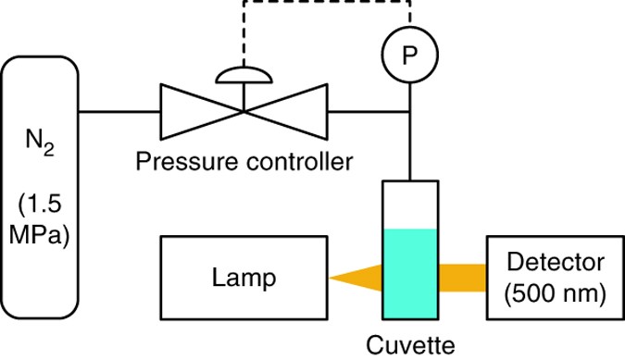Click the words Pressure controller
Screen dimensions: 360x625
click(x=244, y=163)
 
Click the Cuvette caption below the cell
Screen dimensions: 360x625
click(x=408, y=346)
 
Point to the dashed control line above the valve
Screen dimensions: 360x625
click(x=324, y=4)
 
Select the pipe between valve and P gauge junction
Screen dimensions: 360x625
click(x=366, y=112)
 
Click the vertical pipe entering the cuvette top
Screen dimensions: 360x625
click(x=408, y=148)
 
